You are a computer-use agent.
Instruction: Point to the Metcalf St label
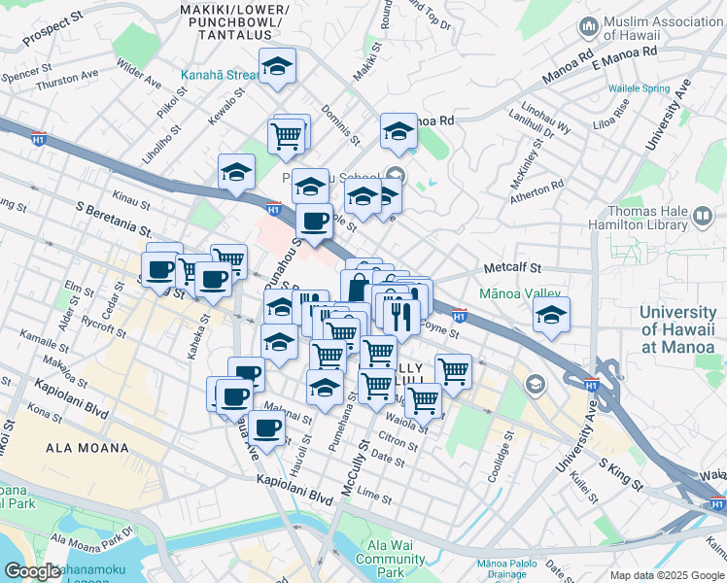[x=511, y=267]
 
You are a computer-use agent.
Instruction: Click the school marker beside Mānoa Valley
[x=551, y=315]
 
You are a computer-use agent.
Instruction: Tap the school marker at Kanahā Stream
[x=277, y=66]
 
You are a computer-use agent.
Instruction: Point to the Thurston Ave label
[x=67, y=81]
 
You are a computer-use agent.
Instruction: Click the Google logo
[x=33, y=571]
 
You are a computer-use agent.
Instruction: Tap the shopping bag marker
[x=358, y=288]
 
